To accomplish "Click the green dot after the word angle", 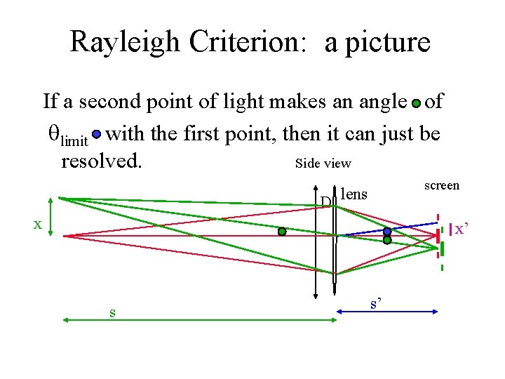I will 416,103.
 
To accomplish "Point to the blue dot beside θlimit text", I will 97,133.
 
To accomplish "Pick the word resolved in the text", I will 102,161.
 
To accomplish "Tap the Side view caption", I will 323,164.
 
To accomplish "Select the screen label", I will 442,185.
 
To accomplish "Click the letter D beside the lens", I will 325,202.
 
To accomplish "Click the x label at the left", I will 39,225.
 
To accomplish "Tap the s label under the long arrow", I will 112,312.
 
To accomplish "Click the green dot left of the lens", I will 282,232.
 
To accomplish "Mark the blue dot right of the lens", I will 386,231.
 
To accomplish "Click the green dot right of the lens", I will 386,240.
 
